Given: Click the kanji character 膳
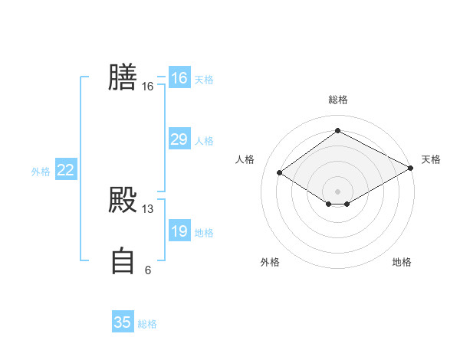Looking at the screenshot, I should (123, 77).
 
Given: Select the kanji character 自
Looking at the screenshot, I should (123, 260).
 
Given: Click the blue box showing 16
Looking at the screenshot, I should (179, 78).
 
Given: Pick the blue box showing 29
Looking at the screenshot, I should (179, 139).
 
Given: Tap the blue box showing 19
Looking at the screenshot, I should (179, 231).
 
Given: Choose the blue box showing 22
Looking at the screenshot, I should (65, 170).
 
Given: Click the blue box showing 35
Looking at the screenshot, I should (123, 322).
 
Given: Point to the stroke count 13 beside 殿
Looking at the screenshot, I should (148, 209).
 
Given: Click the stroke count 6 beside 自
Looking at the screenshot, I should (148, 270).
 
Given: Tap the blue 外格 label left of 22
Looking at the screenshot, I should (41, 172).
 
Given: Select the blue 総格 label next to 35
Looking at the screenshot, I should (147, 324).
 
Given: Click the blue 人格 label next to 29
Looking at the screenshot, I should (204, 141).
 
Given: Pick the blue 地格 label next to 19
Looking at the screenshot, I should (204, 233).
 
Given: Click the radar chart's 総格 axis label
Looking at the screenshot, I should (337, 100).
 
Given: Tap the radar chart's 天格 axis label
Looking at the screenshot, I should (431, 159).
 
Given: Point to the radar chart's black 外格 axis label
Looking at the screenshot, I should (270, 262).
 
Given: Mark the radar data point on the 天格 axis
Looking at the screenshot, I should (411, 169).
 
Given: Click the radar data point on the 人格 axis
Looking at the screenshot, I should (280, 173).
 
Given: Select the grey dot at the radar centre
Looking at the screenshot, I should (337, 191).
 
